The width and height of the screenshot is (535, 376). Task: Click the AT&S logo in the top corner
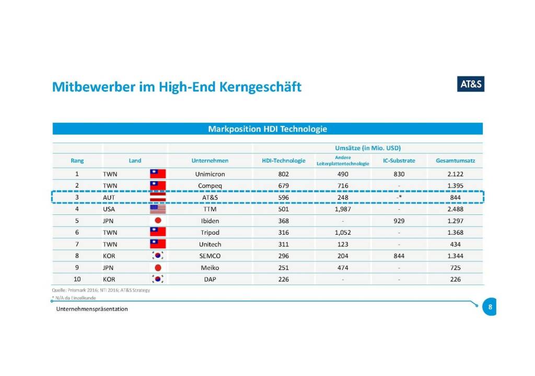[470, 84]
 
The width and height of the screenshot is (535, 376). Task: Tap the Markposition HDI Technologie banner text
[267, 129]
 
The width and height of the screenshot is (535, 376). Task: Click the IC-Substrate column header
[399, 161]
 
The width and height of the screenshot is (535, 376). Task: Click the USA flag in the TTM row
[158, 209]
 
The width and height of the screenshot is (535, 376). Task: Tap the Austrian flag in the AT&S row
[158, 198]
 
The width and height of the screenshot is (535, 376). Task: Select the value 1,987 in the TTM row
[343, 209]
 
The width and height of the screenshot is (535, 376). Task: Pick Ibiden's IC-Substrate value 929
[399, 221]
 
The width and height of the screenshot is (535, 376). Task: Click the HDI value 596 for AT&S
[284, 198]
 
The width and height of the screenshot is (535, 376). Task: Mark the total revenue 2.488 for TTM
[456, 209]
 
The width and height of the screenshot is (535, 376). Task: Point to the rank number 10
[77, 279]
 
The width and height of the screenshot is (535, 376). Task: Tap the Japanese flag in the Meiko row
[158, 268]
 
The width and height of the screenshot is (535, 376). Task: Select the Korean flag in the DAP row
[158, 279]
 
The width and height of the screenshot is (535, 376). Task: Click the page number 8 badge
[490, 307]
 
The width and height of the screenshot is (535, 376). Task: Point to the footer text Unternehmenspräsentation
[92, 309]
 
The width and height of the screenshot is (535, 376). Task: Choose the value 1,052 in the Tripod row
[343, 233]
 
